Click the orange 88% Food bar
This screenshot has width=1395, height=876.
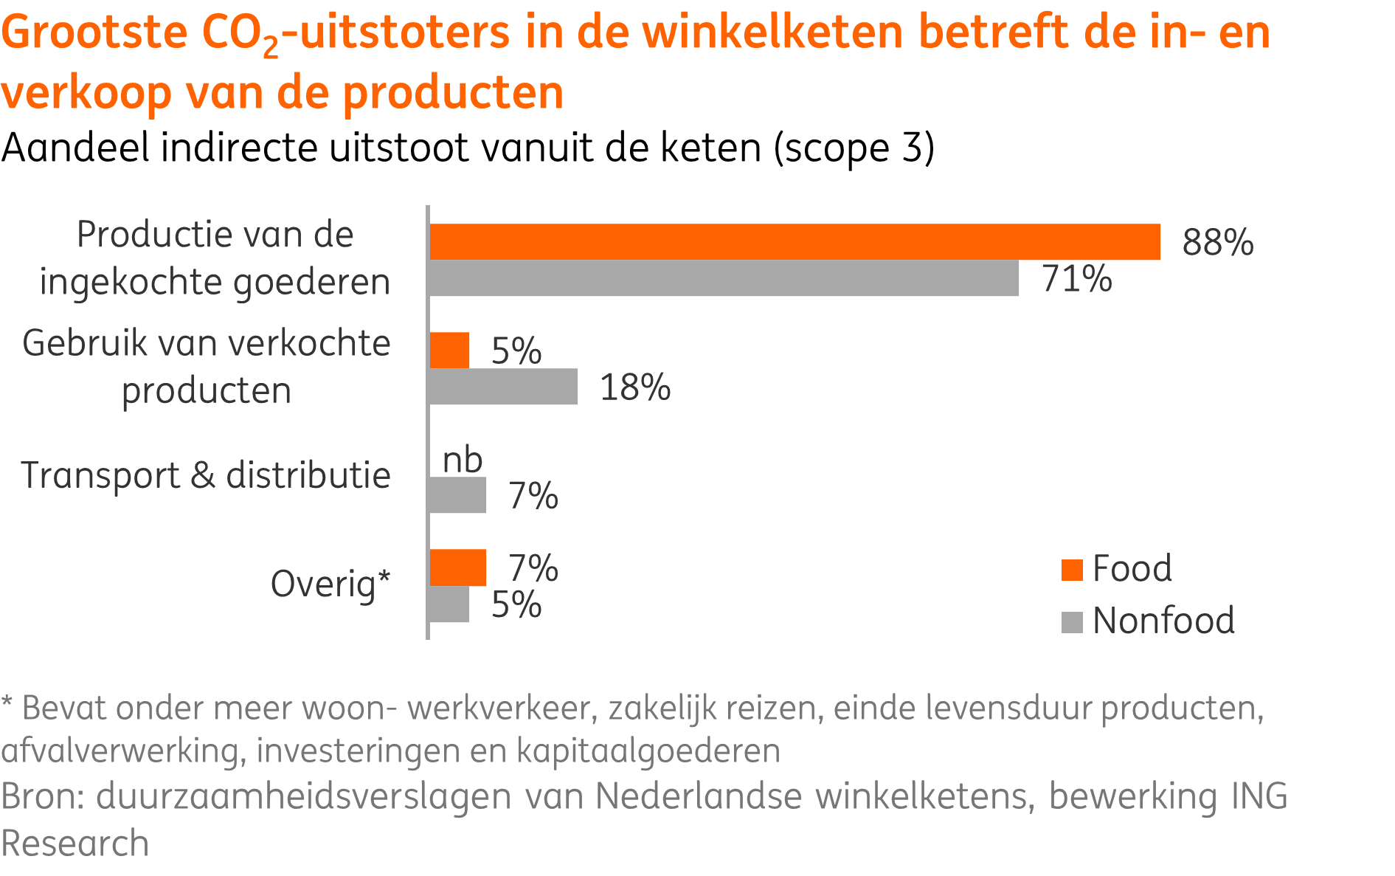795,242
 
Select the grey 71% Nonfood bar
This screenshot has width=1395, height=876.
724,278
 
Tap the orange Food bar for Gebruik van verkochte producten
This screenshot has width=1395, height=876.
449,351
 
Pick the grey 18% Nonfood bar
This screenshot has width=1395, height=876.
503,387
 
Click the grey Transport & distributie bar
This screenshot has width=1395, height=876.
457,495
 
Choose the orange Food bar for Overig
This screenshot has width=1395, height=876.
457,568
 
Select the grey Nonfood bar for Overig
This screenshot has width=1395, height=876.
449,604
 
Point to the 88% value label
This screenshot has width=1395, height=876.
1217,242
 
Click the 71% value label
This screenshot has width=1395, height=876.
1076,279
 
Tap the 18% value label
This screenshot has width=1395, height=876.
634,387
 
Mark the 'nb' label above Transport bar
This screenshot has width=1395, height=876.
463,461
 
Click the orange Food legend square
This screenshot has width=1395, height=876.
1071,570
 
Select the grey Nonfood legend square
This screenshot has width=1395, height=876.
1071,622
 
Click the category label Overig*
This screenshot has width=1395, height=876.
330,584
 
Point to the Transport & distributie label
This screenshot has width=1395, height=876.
205,475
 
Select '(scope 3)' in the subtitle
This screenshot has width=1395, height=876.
854,148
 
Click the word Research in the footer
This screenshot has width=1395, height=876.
75,844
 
